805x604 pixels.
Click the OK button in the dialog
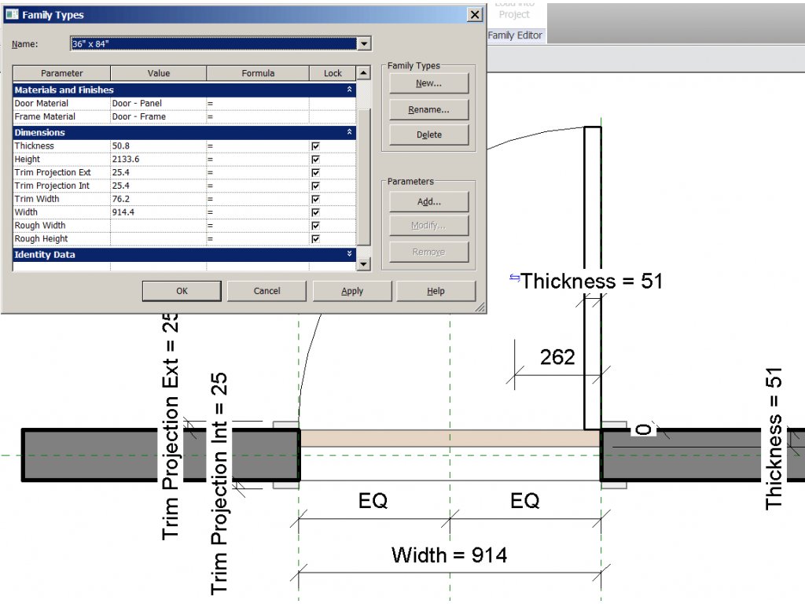point(182,291)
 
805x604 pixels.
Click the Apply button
point(352,291)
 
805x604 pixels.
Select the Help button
point(436,291)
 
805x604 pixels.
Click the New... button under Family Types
point(428,83)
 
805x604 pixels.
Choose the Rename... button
point(428,109)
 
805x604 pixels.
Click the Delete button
point(428,134)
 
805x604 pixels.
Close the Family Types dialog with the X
point(474,15)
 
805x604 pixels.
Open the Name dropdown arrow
point(364,44)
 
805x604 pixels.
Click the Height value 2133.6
point(157,160)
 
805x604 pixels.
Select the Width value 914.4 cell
point(157,212)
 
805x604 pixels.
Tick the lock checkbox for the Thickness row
point(315,146)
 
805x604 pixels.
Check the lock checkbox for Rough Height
point(315,239)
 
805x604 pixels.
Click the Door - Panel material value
point(157,104)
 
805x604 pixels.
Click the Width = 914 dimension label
point(449,555)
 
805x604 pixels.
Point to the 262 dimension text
point(557,358)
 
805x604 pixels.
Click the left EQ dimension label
point(373,501)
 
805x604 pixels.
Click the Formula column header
point(258,73)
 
